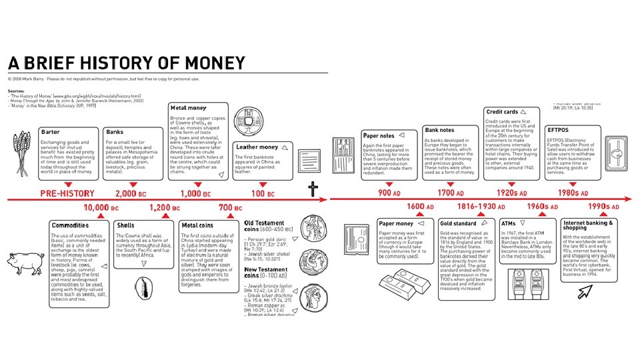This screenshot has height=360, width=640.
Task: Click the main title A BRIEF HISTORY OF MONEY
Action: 127,63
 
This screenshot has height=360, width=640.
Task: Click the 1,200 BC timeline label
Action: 165,208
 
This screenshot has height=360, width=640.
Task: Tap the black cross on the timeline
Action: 313,191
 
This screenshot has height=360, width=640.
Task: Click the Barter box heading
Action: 51,132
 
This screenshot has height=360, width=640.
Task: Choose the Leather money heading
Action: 257,147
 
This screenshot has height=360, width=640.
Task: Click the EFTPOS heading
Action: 557,129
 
